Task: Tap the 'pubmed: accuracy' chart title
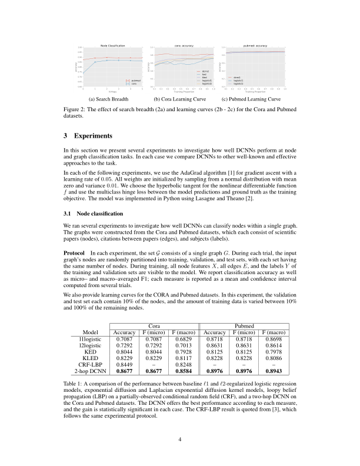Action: (x=254, y=45)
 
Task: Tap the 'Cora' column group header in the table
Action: (x=154, y=325)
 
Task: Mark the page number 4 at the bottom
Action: (x=180, y=438)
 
